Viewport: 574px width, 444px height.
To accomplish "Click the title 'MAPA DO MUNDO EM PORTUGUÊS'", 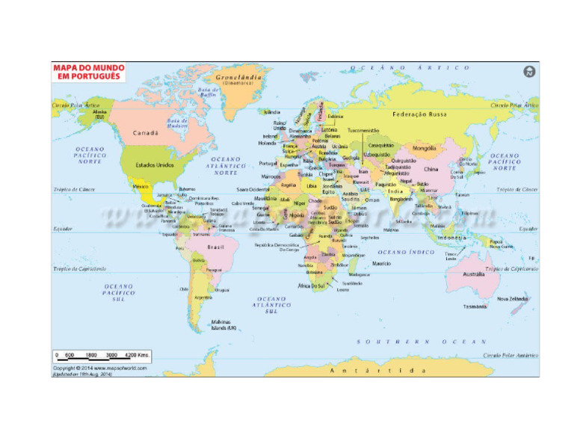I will (88, 72).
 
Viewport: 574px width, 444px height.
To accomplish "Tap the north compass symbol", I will (529, 72).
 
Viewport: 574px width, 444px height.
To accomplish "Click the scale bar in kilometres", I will (102, 355).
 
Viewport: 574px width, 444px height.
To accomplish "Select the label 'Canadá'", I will (145, 133).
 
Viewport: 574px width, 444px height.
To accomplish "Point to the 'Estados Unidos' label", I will (155, 164).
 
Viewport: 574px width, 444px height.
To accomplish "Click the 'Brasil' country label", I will (215, 247).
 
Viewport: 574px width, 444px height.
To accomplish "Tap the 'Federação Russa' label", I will (420, 114).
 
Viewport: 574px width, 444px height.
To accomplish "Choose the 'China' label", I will (431, 169).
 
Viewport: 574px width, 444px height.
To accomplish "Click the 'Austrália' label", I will (474, 274).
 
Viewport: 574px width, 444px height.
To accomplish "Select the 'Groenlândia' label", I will (238, 77).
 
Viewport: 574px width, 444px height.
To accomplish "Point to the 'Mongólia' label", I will (424, 148).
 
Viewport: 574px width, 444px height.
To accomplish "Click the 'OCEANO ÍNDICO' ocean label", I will (407, 252).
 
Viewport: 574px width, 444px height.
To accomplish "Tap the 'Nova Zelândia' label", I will (513, 298).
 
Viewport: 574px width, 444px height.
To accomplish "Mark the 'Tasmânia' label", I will (475, 306).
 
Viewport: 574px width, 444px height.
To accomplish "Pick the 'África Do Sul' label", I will (312, 286).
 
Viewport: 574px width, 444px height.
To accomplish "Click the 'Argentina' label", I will (203, 297).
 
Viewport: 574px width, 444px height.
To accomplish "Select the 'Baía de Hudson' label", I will (177, 120).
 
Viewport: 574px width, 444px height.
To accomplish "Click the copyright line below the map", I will (99, 368).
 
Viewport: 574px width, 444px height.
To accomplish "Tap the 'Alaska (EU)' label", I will (100, 114).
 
